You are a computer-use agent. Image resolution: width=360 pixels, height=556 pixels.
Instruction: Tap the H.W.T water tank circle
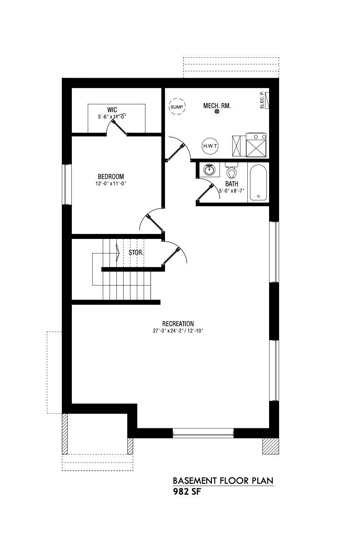(x=210, y=146)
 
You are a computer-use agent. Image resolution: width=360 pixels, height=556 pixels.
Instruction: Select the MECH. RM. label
(x=217, y=106)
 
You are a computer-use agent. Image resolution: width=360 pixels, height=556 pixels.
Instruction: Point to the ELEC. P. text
(x=261, y=100)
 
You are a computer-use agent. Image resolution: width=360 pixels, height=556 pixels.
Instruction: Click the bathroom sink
(x=210, y=170)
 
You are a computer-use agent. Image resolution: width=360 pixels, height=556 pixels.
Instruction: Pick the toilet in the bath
(x=231, y=170)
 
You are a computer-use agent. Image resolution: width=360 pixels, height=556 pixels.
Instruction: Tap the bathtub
(x=258, y=183)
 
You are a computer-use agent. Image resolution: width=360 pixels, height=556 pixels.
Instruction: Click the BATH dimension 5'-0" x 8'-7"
(x=232, y=191)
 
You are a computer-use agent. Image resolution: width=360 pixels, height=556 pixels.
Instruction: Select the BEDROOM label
(x=111, y=177)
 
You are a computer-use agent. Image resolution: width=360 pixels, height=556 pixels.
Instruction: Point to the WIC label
(x=112, y=109)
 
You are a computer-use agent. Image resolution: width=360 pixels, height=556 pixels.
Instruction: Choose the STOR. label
(x=136, y=253)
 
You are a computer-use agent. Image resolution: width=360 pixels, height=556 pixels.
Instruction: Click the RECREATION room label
(x=178, y=324)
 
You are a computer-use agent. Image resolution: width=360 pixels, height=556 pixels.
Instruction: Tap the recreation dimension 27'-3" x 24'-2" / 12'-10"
(x=178, y=331)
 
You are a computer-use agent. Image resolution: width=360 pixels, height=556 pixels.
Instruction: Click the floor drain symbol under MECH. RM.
(x=217, y=112)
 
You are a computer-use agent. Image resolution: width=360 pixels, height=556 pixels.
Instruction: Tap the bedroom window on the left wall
(x=66, y=184)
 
